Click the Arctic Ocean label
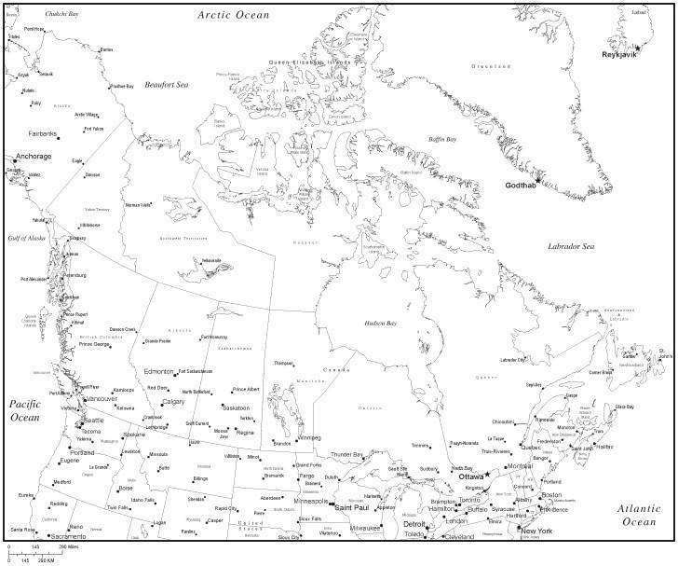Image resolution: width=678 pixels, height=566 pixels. (x=233, y=15)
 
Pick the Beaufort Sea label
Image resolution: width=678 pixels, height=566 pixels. (x=167, y=85)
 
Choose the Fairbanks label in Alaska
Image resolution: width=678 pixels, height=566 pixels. (x=44, y=133)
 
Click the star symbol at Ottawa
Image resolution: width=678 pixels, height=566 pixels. (x=487, y=476)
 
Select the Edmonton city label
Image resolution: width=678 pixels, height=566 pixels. (x=158, y=371)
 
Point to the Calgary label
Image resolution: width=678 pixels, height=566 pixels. (x=174, y=401)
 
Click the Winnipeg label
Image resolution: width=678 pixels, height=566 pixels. (x=308, y=436)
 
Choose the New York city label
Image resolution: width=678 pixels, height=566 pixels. (x=536, y=531)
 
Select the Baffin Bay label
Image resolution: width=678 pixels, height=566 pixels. (x=441, y=139)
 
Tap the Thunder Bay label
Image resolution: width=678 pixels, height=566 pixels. (x=346, y=454)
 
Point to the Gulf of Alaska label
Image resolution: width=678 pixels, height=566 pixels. (x=25, y=240)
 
